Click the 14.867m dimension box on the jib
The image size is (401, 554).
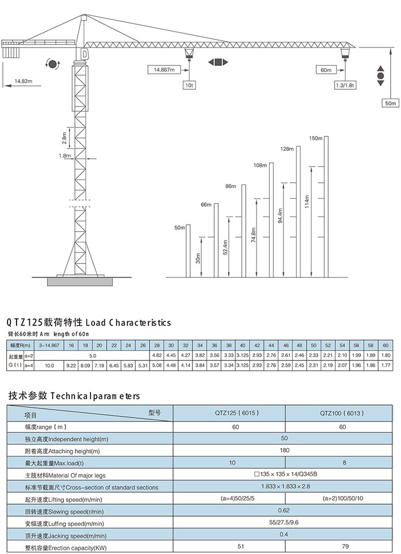click(164, 69)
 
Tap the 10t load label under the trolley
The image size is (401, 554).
click(189, 85)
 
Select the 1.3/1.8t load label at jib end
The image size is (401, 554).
click(345, 85)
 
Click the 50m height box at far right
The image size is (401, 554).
click(390, 103)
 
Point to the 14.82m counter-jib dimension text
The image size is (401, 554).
click(23, 81)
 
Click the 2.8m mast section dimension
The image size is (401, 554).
click(64, 138)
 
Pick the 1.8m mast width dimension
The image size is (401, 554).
click(65, 155)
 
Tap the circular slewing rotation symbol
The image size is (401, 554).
click(53, 64)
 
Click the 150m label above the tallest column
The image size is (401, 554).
click(316, 138)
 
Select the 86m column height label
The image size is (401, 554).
click(231, 186)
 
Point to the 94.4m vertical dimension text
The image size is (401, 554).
click(280, 215)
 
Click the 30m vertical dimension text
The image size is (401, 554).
click(198, 258)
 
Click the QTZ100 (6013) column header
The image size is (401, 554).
click(341, 413)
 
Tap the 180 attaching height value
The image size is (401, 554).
click(284, 450)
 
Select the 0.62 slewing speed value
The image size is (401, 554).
click(284, 510)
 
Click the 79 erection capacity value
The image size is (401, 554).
click(344, 546)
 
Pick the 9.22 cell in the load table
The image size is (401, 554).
click(71, 366)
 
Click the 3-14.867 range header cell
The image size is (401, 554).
click(49, 345)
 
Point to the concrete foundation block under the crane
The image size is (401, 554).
click(80, 281)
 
